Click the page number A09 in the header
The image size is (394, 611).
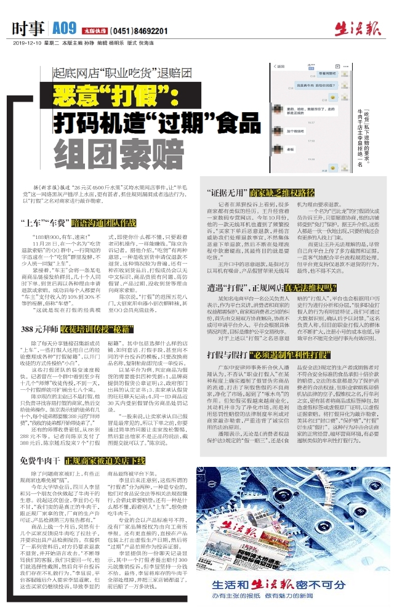tap(64, 28)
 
